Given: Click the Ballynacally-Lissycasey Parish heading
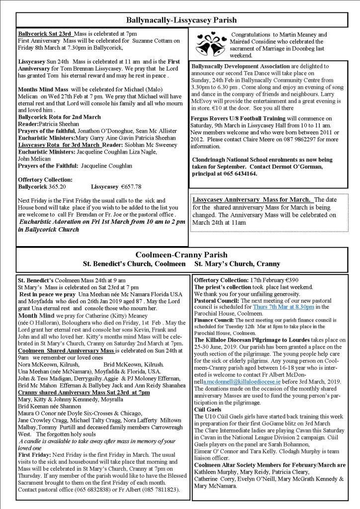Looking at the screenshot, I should coord(180,20).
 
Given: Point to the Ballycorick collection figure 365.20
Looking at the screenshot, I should coord(55,186).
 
